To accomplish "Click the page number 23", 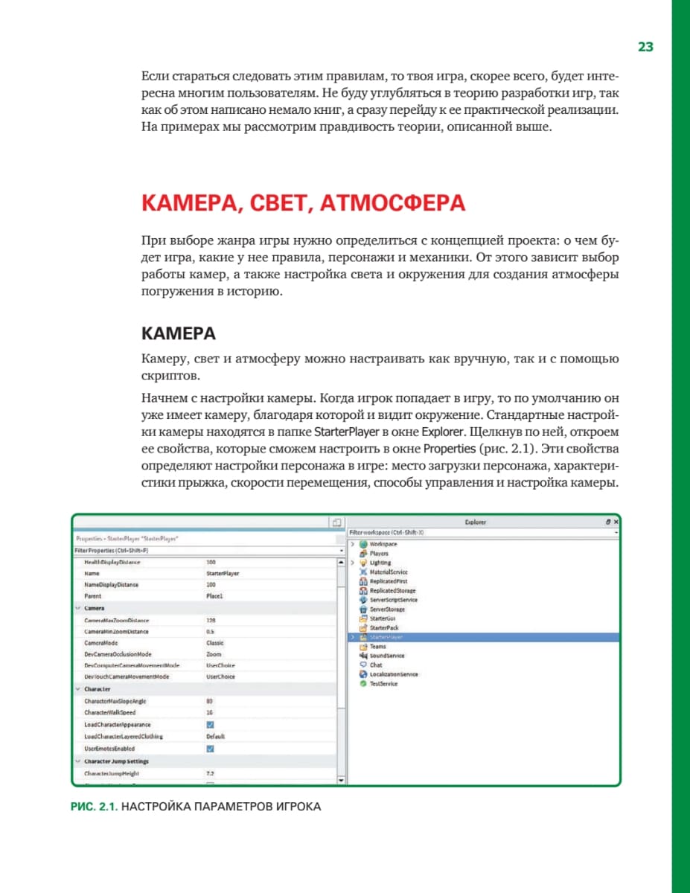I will point(645,47).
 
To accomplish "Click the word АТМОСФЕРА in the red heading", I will point(392,204).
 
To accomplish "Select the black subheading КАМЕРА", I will point(179,333).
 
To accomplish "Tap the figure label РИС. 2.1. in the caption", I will point(94,806).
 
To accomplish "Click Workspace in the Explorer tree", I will point(383,544).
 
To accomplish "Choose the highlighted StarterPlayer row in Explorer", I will point(386,638).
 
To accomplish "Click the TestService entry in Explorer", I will point(383,683).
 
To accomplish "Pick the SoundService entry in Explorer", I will point(386,656).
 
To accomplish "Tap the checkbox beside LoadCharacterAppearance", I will point(210,725).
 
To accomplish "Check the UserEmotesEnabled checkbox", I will point(210,749).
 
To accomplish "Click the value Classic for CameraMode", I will point(214,643).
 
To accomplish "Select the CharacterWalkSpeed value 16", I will point(209,713).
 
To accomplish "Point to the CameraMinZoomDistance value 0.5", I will point(210,631).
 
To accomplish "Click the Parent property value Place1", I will point(214,597).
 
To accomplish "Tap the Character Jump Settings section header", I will point(116,762).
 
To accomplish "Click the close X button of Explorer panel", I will point(616,522).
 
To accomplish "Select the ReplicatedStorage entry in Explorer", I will point(392,590).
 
